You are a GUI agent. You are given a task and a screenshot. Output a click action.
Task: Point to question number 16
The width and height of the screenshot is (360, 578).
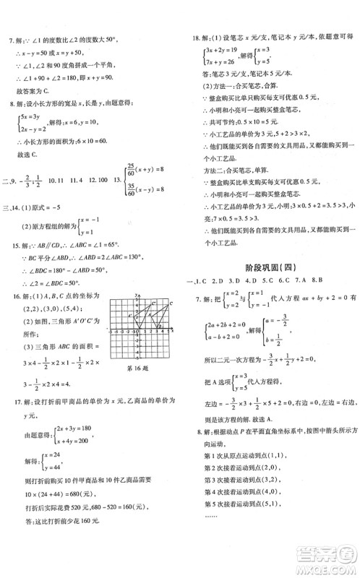click(x=10, y=297)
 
